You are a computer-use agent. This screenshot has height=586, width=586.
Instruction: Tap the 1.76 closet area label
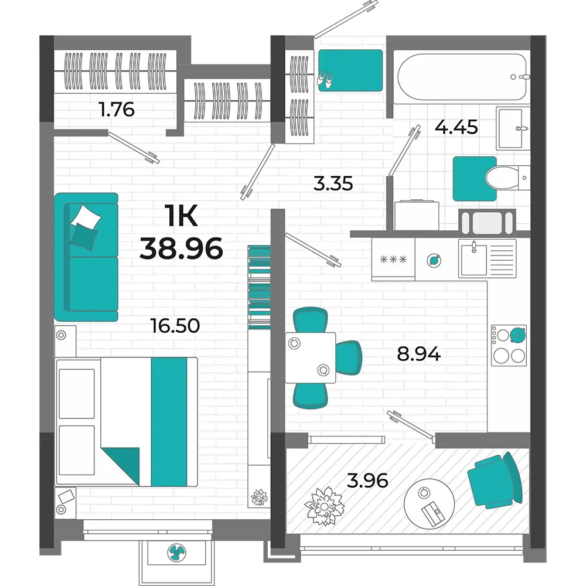[x=117, y=110]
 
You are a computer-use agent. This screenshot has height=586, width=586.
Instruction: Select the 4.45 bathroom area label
[x=456, y=127]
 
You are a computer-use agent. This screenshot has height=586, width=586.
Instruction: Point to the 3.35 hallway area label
[x=333, y=184]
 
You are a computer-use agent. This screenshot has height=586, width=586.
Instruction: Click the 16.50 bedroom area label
[x=175, y=325]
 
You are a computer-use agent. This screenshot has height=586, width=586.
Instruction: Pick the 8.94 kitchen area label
[x=419, y=353]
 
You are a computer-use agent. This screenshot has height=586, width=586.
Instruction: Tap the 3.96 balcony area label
[x=367, y=481]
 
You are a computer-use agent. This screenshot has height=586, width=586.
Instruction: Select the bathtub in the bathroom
[x=462, y=77]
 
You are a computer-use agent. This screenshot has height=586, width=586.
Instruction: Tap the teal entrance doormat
[x=350, y=70]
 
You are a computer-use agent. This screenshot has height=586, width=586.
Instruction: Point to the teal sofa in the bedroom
[x=86, y=257]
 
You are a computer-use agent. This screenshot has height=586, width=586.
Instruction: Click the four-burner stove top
[x=509, y=345]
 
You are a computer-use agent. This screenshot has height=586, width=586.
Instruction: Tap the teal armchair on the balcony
[x=495, y=481]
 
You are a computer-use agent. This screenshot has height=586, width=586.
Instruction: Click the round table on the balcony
[x=429, y=504]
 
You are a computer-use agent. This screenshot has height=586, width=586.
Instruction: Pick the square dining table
[x=310, y=357]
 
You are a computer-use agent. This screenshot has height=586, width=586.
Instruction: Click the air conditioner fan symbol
[x=176, y=553]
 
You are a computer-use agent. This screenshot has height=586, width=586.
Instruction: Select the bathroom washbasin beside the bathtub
[x=513, y=128]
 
